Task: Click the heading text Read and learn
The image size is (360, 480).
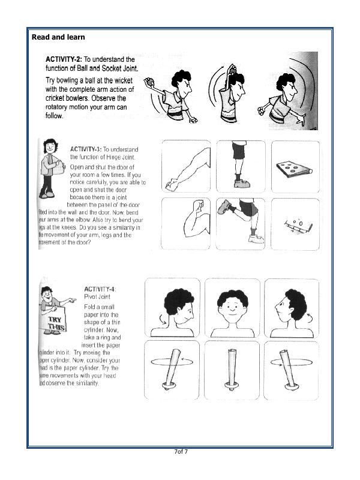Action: (58, 37)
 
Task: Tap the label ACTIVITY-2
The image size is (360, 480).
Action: (63, 60)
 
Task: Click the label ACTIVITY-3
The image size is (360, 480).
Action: (86, 149)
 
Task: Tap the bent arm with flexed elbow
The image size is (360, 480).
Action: (186, 223)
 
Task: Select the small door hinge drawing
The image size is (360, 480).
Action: (294, 225)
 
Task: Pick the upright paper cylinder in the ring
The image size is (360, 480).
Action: (232, 369)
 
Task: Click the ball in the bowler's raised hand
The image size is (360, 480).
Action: (150, 82)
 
